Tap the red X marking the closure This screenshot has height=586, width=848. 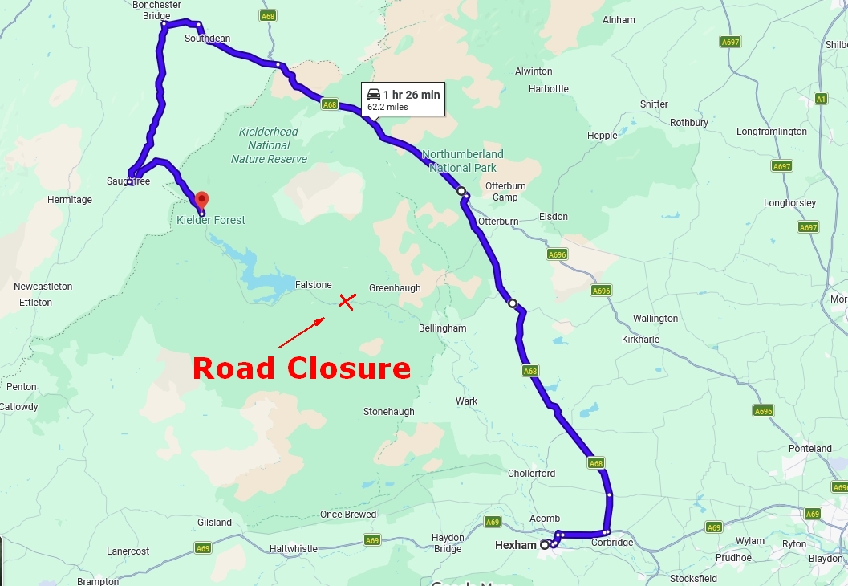pos(347,301)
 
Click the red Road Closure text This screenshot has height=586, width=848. pos(302,368)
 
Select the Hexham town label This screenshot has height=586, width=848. pos(515,545)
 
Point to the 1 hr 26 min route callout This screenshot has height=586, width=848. pos(404,100)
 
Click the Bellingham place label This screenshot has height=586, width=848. pos(442,328)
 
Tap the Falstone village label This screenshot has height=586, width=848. pos(313,285)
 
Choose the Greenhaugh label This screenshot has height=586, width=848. pos(395,288)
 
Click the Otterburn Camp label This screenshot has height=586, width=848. pos(505,192)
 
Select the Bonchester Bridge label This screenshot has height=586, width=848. pos(156,10)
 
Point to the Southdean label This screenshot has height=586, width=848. pos(207,39)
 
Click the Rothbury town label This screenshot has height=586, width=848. pos(689,123)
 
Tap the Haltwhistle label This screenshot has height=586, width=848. pos(294,549)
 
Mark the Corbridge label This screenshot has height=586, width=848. pos(612,543)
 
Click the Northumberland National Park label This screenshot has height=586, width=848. pos(463,161)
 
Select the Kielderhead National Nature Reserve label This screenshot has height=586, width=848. pos(269,145)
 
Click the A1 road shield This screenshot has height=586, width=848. pos(820,99)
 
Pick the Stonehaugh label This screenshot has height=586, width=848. pos(389,412)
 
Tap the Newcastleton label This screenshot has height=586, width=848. pos(43,287)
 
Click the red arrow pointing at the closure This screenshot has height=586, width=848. pos(302,332)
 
